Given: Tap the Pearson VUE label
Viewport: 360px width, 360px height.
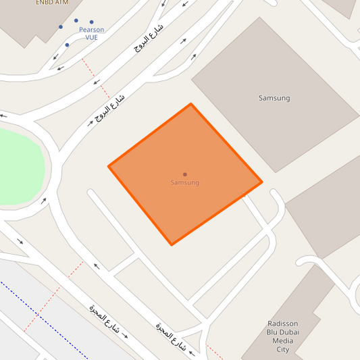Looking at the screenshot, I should (91, 33).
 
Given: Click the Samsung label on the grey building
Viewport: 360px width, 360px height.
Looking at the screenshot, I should (274, 98).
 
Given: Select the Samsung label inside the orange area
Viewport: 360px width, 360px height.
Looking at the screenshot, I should (184, 183).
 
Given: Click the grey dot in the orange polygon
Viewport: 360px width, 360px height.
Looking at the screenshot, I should (184, 174).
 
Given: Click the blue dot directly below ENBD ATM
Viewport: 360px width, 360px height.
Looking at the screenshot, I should (61, 27).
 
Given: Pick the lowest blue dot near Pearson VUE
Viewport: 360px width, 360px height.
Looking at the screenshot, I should (66, 45).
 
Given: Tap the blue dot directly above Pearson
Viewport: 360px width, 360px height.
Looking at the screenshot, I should (91, 22).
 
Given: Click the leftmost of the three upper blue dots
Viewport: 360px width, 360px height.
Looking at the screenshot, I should (61, 27).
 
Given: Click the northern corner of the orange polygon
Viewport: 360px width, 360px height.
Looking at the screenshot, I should (190, 104).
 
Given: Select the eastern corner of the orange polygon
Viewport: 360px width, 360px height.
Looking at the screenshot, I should (261, 182).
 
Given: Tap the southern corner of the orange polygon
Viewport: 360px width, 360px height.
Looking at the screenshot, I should (172, 245).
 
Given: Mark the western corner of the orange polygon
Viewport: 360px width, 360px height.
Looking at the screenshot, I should (109, 166).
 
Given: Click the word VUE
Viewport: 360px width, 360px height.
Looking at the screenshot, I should (91, 38).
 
